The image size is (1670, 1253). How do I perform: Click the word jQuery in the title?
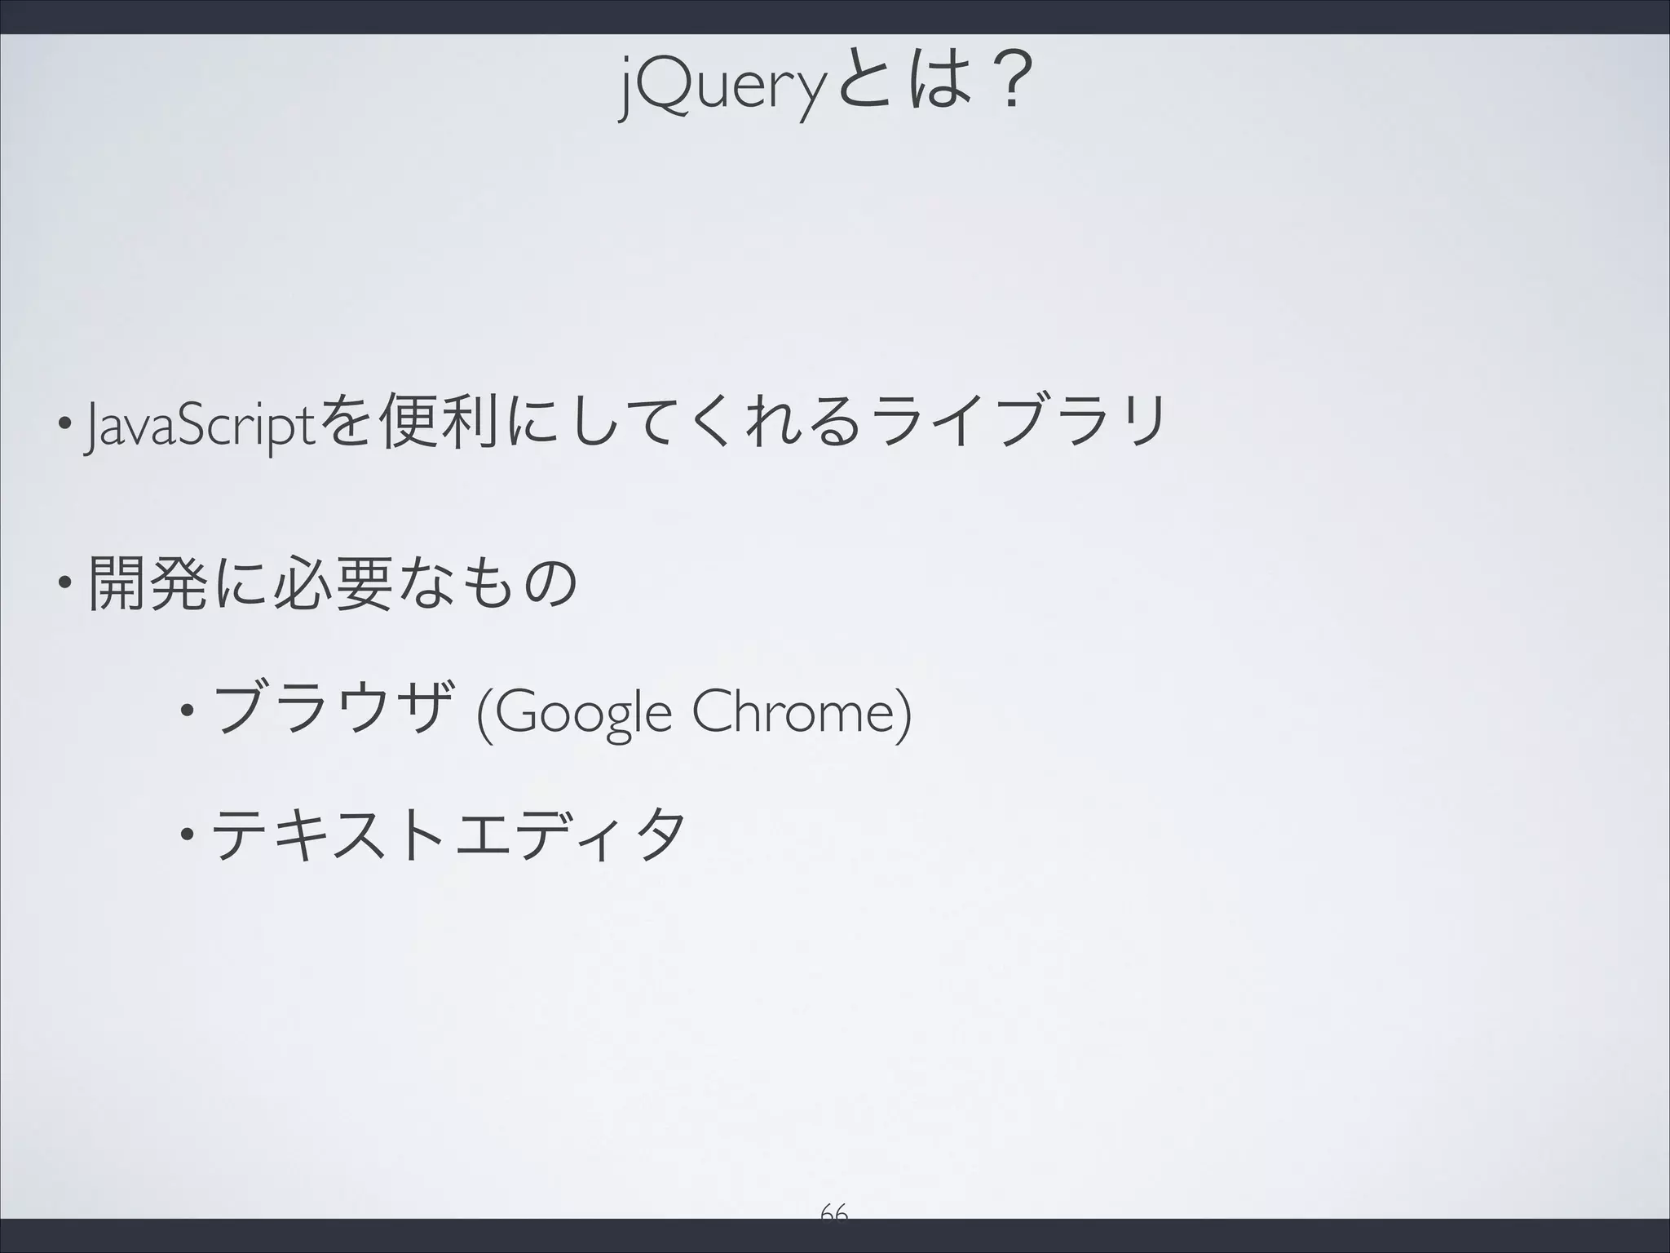[x=722, y=88]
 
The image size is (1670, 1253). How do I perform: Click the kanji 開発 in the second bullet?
[x=147, y=583]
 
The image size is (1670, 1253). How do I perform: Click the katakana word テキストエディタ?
[x=448, y=835]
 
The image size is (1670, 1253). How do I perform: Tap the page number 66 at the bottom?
[x=834, y=1213]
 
